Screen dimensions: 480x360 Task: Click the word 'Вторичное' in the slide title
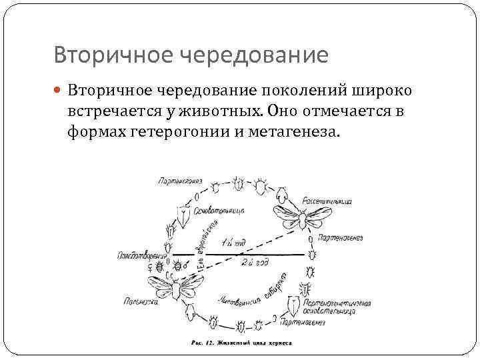click(x=98, y=55)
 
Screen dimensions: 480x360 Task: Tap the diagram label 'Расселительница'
click(x=326, y=200)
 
